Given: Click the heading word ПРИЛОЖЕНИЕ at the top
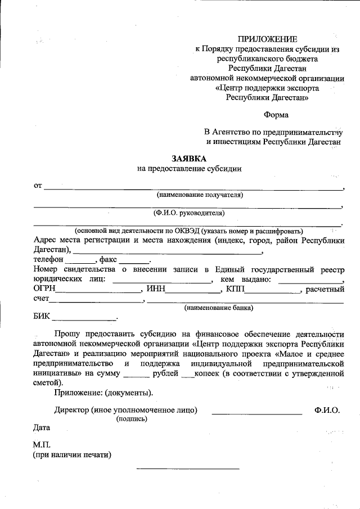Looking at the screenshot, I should [x=267, y=39].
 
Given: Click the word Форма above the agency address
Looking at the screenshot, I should [x=276, y=116].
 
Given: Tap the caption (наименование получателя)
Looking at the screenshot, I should [x=199, y=195].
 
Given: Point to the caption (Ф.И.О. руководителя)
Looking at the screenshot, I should [x=189, y=213].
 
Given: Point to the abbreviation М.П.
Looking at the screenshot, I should [x=42, y=445].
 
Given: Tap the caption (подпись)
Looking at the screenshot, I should [x=132, y=419].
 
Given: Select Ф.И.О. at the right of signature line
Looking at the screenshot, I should [x=327, y=410].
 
